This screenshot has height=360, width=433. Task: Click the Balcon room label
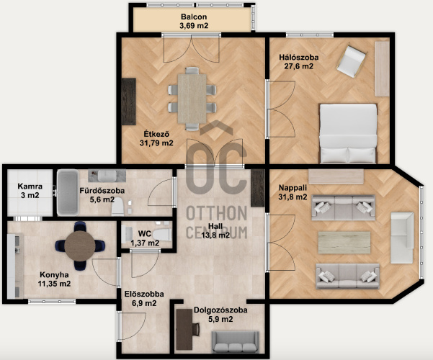[x=194, y=17]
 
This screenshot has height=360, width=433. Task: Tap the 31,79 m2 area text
[x=156, y=143]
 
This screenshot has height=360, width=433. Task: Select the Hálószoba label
[x=298, y=58]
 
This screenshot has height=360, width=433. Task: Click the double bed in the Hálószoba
[x=348, y=133]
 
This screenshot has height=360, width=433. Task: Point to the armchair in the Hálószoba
[x=351, y=62]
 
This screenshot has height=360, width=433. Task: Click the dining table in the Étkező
[x=192, y=99]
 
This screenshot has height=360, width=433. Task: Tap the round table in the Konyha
[x=80, y=246]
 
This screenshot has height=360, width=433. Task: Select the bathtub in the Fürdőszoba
[x=68, y=192]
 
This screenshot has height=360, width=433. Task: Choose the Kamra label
[x=30, y=186]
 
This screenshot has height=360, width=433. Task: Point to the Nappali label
[x=293, y=188]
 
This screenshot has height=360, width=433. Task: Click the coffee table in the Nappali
[x=344, y=243]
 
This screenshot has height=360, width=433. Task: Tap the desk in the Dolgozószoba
[x=184, y=329]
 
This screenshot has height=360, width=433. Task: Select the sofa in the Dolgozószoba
[x=236, y=342]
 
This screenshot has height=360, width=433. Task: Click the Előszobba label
[x=144, y=294]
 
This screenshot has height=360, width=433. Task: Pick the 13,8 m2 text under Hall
[x=215, y=235]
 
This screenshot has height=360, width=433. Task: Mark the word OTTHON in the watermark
[x=216, y=213]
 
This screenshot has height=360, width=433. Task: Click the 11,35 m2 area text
[x=54, y=284]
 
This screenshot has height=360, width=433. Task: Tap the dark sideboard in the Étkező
[x=129, y=102]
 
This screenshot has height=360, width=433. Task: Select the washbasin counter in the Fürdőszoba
[x=107, y=176]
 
